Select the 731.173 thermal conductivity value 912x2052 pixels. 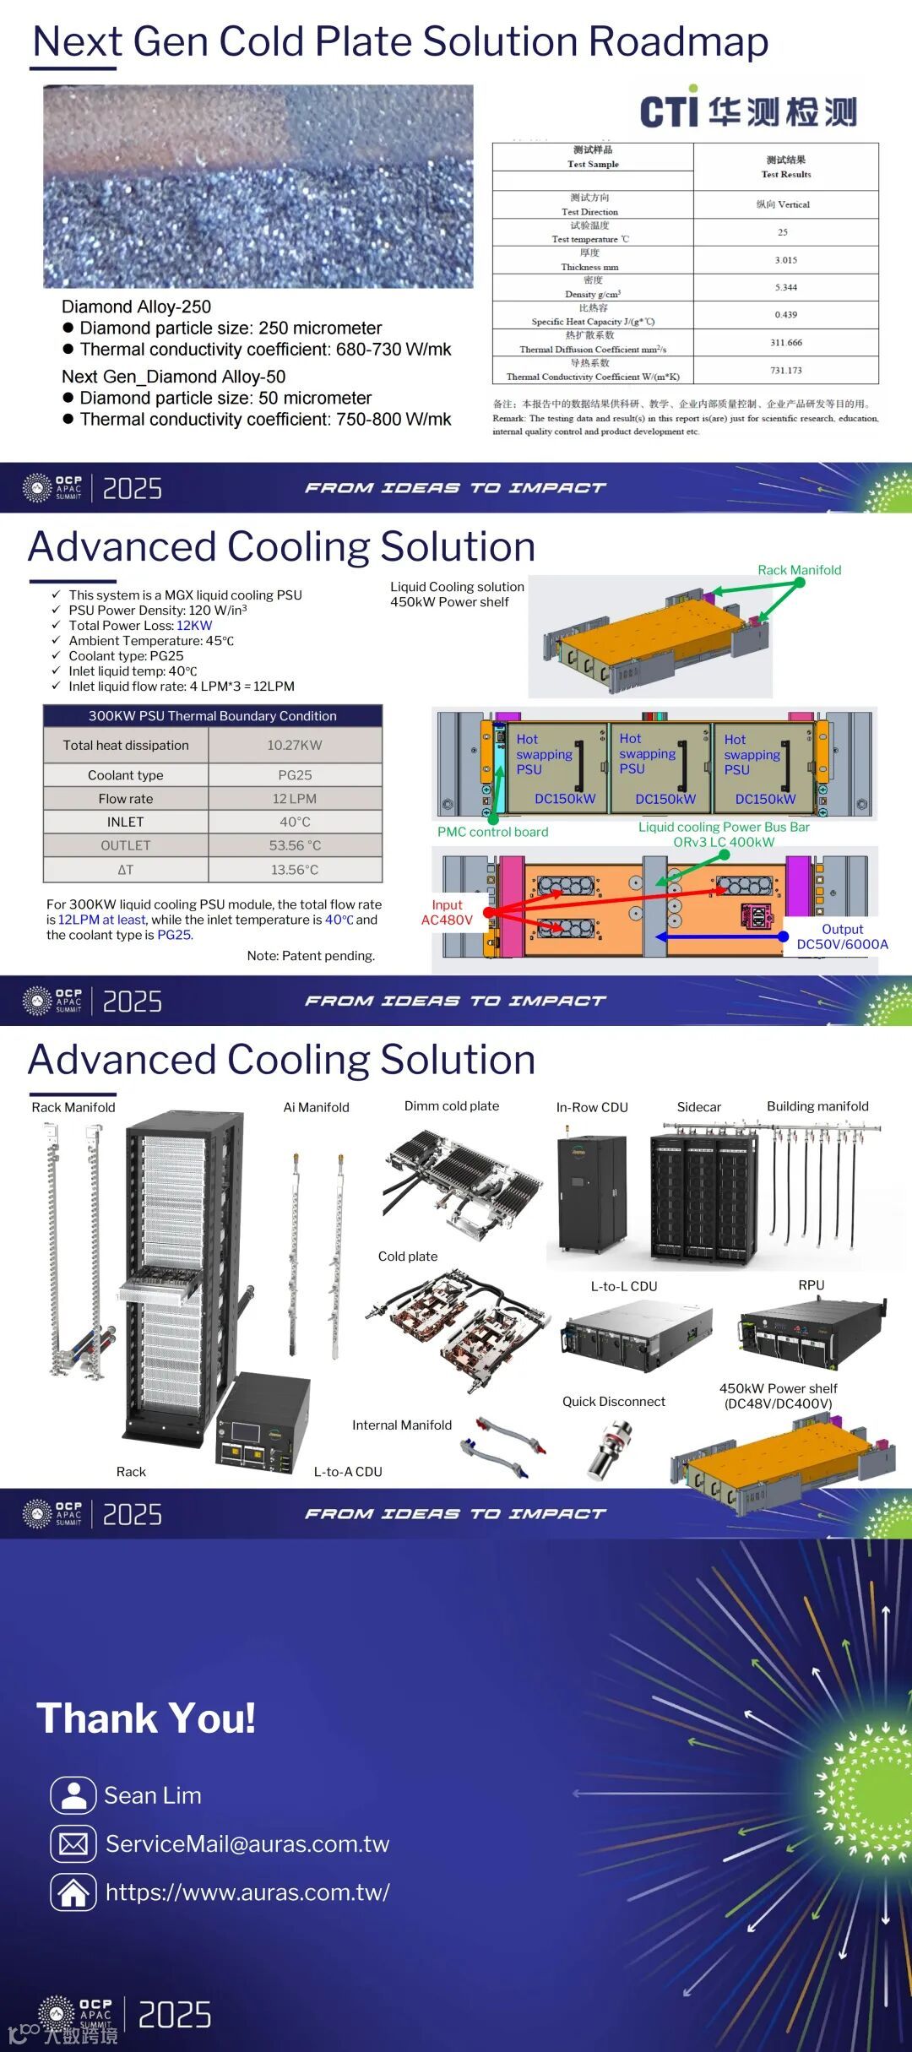point(785,370)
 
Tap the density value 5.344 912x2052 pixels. point(785,287)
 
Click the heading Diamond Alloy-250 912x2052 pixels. point(136,307)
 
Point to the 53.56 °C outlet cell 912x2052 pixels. point(295,845)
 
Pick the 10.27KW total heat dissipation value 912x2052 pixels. point(295,745)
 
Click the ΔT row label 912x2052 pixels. point(125,870)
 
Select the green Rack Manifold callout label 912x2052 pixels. point(799,570)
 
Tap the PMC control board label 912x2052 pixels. point(492,832)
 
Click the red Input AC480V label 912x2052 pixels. point(447,912)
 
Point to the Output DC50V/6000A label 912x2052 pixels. point(842,936)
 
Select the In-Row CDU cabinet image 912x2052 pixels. point(591,1192)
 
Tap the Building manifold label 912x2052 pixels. point(817,1106)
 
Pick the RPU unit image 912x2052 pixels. point(812,1333)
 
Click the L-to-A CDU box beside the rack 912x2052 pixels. point(262,1419)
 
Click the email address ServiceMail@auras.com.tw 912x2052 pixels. point(247,1843)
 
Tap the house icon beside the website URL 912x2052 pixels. point(73,1892)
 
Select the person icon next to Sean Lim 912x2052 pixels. point(73,1795)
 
